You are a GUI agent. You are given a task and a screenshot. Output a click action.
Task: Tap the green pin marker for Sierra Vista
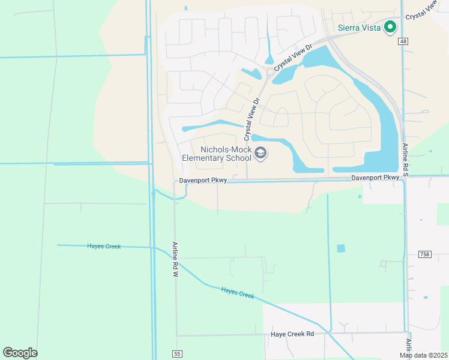390,26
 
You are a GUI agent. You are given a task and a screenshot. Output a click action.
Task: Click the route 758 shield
424,254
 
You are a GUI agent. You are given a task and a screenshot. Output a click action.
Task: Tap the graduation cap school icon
261,154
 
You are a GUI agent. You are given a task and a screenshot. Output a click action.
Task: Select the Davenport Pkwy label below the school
202,181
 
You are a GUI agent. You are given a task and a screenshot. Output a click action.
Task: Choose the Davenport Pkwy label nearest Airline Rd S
375,178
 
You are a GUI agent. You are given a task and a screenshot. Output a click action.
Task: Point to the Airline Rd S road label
405,158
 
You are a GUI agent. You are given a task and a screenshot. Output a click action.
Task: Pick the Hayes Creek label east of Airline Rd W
238,293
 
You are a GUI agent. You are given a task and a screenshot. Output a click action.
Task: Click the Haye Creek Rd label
292,334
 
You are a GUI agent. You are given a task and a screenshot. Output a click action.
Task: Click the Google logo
20,353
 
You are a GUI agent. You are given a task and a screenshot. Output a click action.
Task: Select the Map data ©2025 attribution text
424,355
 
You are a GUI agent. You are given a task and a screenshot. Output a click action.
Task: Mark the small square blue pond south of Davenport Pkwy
341,248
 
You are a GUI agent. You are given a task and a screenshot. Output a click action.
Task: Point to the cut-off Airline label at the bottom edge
409,349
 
